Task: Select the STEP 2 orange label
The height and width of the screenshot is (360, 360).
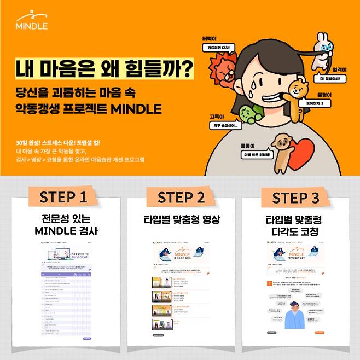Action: point(180,196)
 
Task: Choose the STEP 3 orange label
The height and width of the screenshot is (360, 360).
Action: point(295,196)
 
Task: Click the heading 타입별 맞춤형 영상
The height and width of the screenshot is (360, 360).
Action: point(181,219)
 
